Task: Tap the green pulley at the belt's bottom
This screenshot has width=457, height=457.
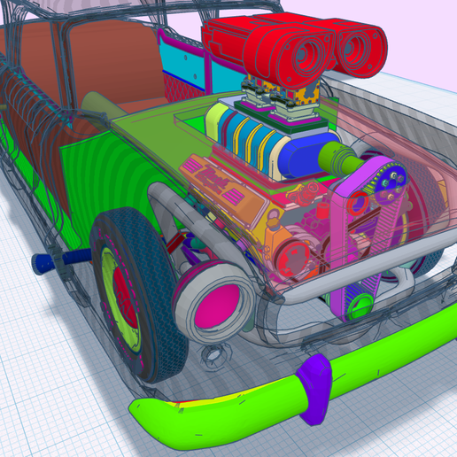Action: point(360,306)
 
